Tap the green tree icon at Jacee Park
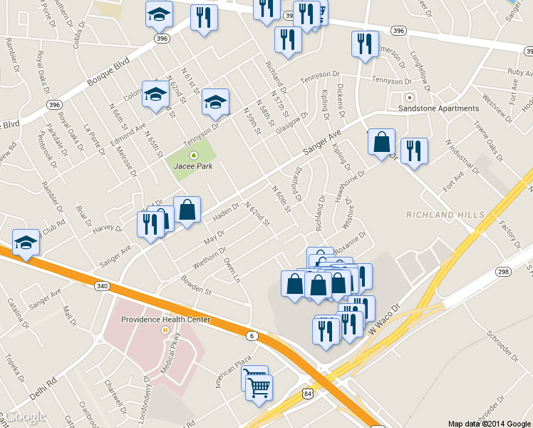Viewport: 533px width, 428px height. click(x=192, y=154)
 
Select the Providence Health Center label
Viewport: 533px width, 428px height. click(x=165, y=320)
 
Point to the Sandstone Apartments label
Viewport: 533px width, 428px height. click(x=443, y=108)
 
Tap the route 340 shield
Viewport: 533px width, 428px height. click(x=101, y=286)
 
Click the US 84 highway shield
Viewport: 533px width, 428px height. click(x=306, y=394)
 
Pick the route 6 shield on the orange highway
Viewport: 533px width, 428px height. click(x=252, y=336)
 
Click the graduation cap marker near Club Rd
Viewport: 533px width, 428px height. click(x=26, y=243)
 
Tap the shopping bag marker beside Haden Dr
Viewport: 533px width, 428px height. click(x=187, y=210)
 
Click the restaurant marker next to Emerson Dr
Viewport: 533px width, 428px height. click(x=364, y=44)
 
